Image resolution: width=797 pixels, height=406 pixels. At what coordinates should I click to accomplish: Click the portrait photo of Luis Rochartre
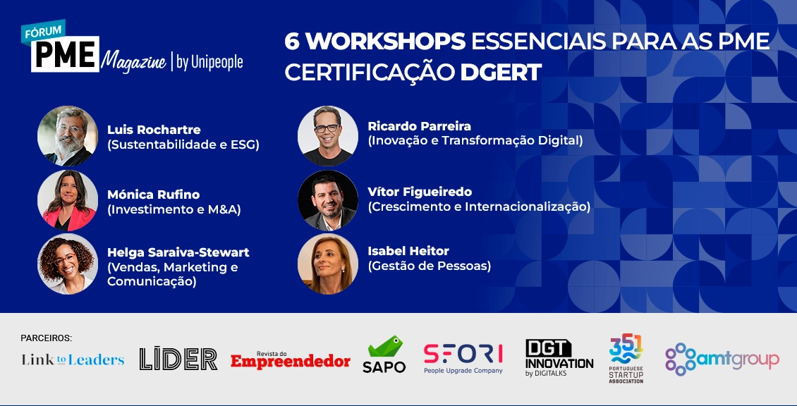tap(68, 136)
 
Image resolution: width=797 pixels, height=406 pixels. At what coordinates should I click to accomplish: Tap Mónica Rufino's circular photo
tap(68, 201)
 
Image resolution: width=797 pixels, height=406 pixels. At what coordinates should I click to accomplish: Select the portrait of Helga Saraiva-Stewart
tap(68, 264)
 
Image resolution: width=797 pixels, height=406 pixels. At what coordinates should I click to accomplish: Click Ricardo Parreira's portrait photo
tap(328, 136)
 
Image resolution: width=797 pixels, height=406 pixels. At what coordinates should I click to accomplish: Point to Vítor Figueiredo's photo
tap(328, 201)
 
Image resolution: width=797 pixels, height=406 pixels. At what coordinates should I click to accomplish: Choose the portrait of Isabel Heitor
tap(328, 264)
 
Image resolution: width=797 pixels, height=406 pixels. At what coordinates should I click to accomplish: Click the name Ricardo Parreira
tap(420, 126)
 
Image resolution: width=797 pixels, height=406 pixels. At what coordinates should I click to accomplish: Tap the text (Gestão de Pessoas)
tap(430, 266)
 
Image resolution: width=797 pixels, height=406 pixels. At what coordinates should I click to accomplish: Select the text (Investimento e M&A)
tap(174, 209)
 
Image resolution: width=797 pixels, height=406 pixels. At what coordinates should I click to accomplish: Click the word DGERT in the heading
tap(501, 73)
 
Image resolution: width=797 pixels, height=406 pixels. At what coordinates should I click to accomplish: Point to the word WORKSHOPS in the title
tap(386, 42)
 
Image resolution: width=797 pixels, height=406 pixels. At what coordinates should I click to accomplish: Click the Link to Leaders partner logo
tap(73, 359)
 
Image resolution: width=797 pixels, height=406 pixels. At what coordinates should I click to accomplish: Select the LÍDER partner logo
tap(178, 358)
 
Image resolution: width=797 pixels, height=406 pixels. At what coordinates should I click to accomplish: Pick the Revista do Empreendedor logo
tap(290, 359)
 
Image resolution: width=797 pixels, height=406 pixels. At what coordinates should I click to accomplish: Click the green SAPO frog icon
tap(385, 346)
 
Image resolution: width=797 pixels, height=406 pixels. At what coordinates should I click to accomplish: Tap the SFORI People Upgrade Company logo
tap(463, 359)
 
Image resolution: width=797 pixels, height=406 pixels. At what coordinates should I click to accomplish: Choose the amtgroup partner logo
tap(722, 359)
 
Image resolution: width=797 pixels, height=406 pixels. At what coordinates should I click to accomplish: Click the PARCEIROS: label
tap(47, 338)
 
